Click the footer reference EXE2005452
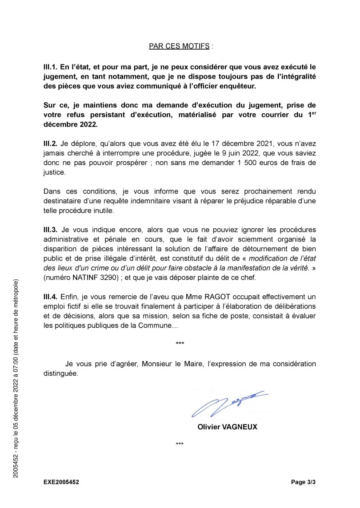tap(62, 481)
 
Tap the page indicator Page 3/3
tap(304, 481)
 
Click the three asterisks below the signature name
tap(180, 444)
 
